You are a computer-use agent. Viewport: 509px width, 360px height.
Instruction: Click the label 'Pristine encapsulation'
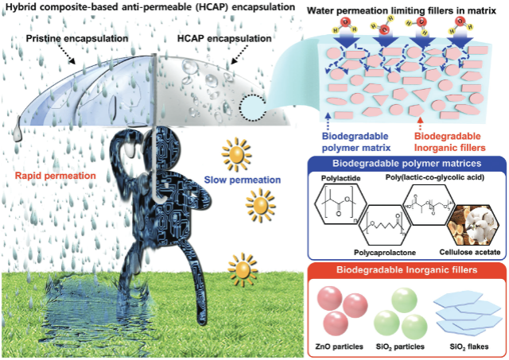77,39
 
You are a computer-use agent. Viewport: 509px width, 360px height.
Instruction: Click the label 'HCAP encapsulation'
224,39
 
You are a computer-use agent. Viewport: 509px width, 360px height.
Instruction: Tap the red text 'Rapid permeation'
56,176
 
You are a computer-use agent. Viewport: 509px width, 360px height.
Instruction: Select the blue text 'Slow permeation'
242,180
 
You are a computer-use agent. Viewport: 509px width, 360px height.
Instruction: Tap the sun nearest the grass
243,269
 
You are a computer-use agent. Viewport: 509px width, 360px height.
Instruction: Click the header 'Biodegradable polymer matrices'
406,163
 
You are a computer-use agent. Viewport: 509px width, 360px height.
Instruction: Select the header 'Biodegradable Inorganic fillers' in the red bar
406,270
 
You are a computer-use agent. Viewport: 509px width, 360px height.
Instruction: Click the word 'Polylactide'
341,178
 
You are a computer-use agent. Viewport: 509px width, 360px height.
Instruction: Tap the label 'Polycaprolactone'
385,253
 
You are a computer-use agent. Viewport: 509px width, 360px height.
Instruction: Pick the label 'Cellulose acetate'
470,252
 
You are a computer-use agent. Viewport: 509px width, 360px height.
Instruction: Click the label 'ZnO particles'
339,346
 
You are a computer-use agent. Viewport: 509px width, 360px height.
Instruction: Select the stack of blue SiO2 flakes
467,314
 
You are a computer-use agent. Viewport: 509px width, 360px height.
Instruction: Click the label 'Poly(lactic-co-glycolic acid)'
435,177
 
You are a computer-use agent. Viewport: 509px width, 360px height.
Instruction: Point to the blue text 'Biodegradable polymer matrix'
356,141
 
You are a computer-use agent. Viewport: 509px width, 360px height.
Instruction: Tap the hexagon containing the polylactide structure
341,204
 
